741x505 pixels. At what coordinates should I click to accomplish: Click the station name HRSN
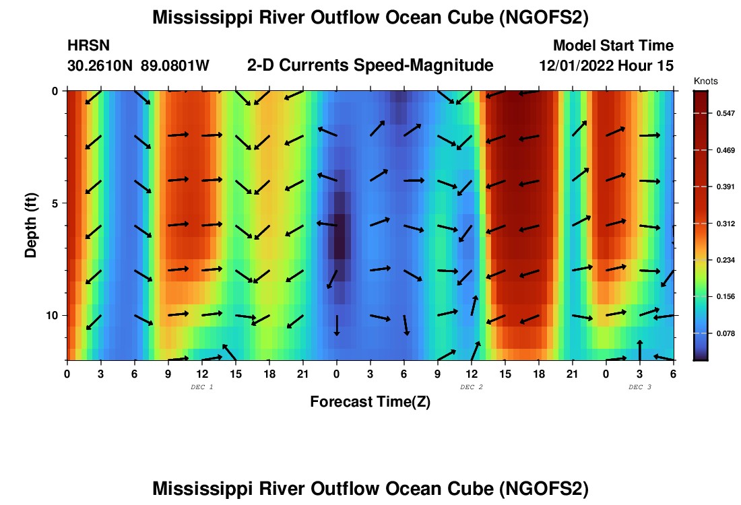point(88,46)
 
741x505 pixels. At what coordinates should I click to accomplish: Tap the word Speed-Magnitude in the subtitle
point(430,65)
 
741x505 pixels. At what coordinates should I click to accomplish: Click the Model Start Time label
point(612,46)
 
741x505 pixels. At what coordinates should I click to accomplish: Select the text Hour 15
point(649,66)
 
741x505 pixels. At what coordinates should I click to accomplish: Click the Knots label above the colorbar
point(705,81)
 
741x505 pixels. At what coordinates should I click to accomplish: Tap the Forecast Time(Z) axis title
point(370,402)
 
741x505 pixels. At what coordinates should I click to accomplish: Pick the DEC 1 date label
point(201,387)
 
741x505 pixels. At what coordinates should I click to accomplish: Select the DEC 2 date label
point(471,387)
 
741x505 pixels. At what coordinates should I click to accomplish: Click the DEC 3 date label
point(639,387)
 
